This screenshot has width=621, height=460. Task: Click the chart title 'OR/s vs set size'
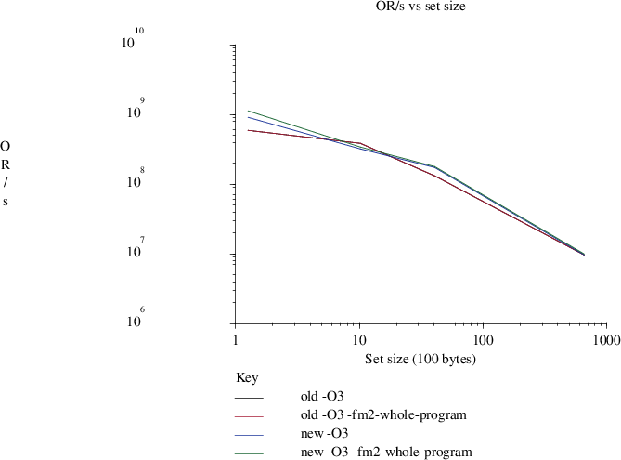[415, 7]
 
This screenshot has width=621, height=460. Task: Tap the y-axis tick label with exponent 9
[133, 111]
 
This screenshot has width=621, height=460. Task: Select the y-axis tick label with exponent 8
[133, 180]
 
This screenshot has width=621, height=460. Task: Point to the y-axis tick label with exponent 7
[133, 250]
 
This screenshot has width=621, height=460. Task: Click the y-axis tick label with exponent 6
[133, 320]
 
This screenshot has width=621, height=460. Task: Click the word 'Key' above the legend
[248, 379]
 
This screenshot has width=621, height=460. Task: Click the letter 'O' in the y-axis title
[6, 147]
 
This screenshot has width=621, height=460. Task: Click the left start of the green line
[248, 111]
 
